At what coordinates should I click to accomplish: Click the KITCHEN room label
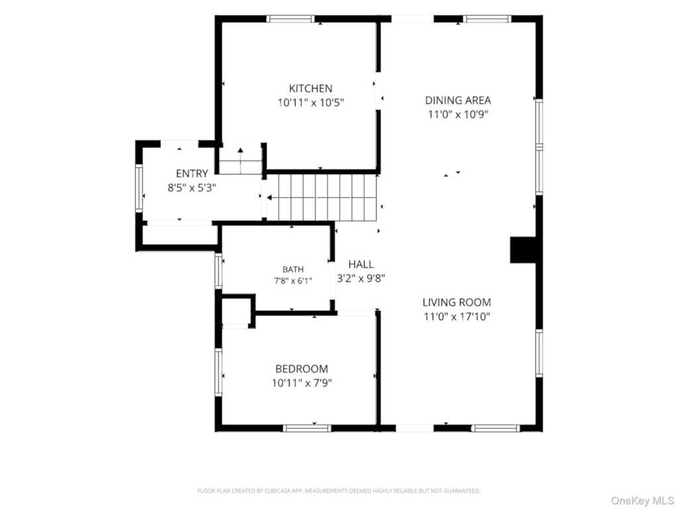click(x=311, y=89)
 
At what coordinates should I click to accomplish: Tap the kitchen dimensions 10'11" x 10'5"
click(x=311, y=103)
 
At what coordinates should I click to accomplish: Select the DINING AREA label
click(x=458, y=101)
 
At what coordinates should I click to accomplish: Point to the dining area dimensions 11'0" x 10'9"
click(x=458, y=114)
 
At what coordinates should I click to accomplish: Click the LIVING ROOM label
click(x=457, y=302)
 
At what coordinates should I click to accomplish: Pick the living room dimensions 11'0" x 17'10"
click(x=457, y=317)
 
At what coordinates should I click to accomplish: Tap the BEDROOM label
click(x=302, y=369)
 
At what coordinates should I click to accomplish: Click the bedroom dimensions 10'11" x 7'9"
click(x=302, y=383)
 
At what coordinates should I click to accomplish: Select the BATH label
click(x=293, y=270)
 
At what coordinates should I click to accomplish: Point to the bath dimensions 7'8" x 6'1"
click(x=293, y=280)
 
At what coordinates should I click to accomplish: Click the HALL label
click(x=361, y=265)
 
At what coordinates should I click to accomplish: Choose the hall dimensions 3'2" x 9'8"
click(x=361, y=278)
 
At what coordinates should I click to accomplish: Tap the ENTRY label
click(x=192, y=174)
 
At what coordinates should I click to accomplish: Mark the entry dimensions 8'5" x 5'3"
click(x=192, y=188)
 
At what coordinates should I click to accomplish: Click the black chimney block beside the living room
click(x=524, y=249)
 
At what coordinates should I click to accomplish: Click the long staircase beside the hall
click(x=322, y=197)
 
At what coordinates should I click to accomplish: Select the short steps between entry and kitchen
click(x=240, y=161)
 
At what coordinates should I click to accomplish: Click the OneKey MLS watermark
click(x=642, y=501)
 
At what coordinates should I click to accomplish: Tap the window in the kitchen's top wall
click(x=291, y=19)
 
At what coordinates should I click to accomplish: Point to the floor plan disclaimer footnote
click(x=339, y=491)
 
